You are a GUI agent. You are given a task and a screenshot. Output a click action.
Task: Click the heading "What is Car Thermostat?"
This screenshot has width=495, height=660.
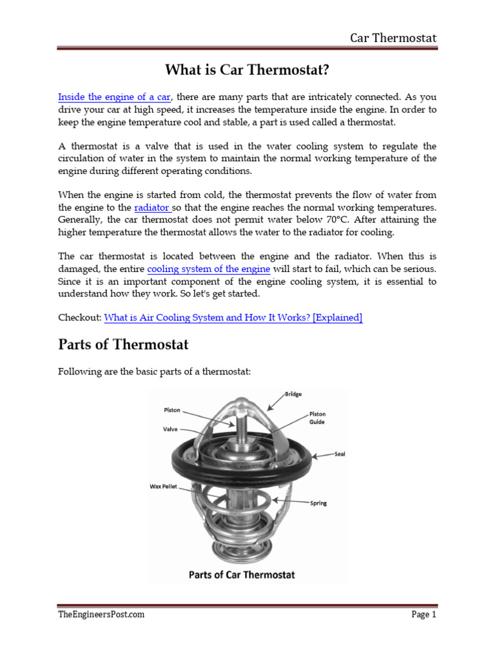[247, 69]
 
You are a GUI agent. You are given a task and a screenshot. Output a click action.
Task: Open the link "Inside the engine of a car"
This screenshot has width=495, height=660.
[114, 97]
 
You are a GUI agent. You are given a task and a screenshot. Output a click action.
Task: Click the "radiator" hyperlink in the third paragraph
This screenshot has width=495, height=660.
[152, 208]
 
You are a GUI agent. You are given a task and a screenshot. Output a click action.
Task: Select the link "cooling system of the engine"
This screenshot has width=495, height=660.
[208, 269]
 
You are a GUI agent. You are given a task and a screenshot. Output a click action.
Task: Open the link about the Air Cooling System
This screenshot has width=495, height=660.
[233, 317]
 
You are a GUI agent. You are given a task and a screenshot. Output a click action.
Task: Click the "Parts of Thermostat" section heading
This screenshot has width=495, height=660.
[123, 345]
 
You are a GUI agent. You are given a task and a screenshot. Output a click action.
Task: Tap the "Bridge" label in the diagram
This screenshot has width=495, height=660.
[293, 394]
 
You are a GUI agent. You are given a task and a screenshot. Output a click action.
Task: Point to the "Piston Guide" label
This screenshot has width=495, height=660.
[317, 418]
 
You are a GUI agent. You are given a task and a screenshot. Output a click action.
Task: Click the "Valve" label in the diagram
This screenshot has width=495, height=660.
[171, 428]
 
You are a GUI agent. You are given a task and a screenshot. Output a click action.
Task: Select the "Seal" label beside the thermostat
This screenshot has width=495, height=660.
[340, 454]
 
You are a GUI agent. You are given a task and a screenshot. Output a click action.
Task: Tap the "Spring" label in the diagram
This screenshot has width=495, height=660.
[318, 503]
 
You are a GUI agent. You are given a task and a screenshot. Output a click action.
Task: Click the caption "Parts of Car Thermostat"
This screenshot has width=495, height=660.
[242, 574]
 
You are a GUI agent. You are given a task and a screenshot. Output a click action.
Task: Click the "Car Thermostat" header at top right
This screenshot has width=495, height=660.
[393, 38]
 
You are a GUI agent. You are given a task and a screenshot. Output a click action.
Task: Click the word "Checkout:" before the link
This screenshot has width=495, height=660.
[79, 317]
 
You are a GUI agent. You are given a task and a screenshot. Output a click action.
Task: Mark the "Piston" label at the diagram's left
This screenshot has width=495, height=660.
[171, 410]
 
